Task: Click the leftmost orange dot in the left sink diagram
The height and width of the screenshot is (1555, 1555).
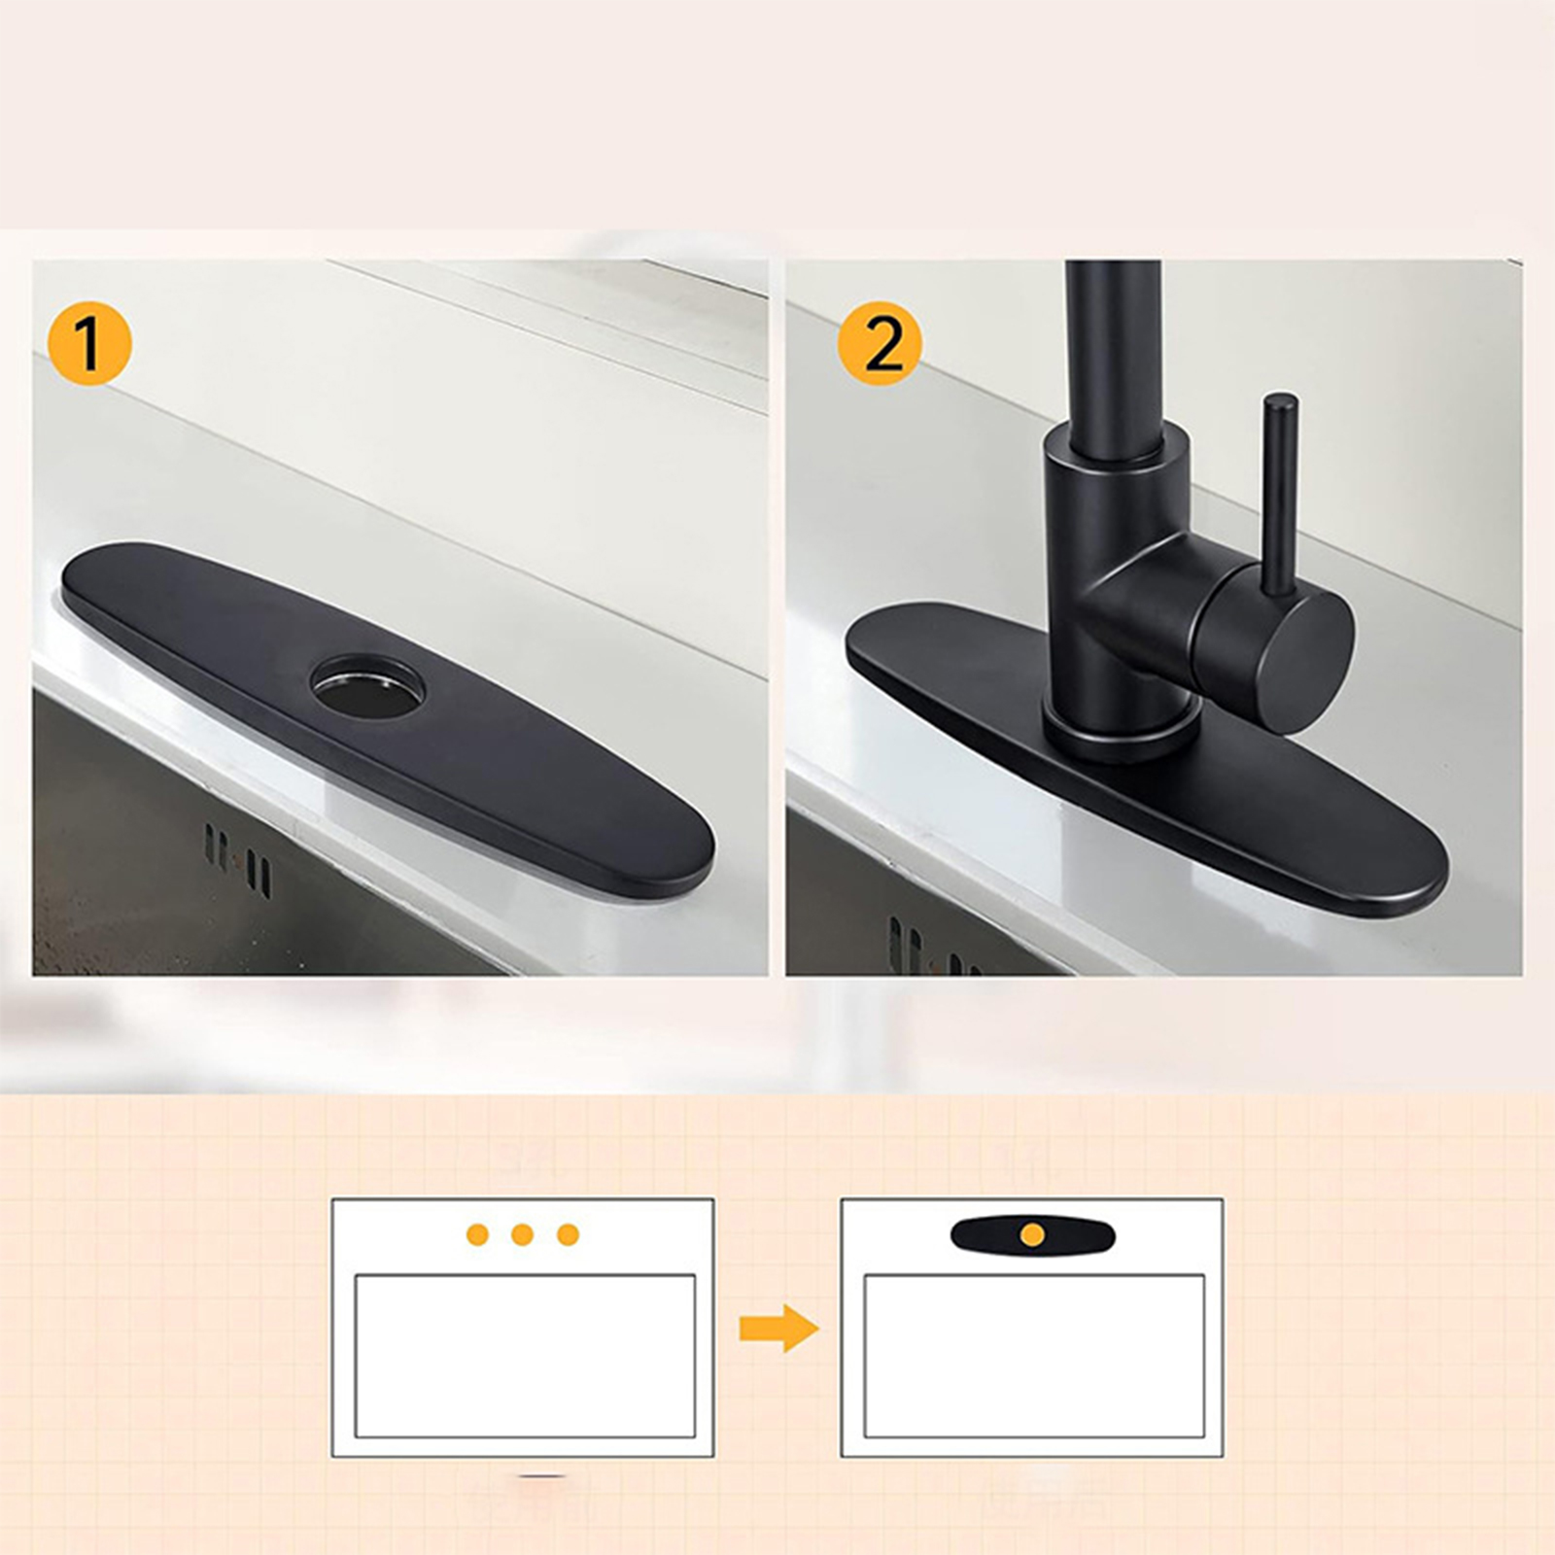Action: point(477,1235)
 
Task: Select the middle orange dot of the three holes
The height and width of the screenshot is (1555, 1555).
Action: point(523,1235)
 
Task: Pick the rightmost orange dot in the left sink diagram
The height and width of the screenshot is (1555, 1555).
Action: point(569,1235)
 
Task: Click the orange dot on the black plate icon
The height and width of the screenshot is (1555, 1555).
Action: point(1033,1235)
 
